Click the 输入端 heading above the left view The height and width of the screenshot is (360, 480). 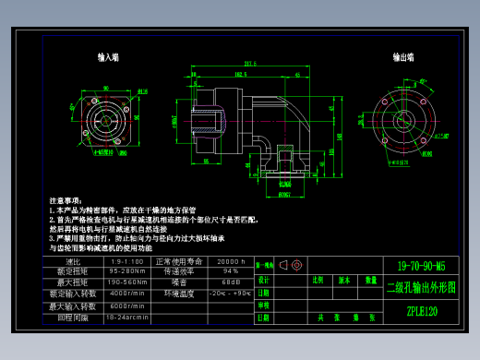click(x=108, y=57)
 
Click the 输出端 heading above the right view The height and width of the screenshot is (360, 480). click(x=402, y=57)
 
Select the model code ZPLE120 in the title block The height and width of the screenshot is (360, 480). click(x=421, y=311)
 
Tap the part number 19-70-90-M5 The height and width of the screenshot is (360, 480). click(x=421, y=266)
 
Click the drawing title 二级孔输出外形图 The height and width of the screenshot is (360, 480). click(x=421, y=287)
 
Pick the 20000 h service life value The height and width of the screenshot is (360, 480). click(x=231, y=262)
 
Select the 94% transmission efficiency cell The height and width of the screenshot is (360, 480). click(x=231, y=272)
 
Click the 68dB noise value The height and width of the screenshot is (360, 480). click(x=231, y=282)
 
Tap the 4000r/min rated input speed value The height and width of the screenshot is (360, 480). click(x=126, y=294)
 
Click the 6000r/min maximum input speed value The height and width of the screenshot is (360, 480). click(x=126, y=306)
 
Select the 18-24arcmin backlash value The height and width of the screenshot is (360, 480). click(x=127, y=317)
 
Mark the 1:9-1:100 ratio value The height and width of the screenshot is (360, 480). click(x=127, y=262)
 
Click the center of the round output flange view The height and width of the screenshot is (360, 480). click(x=402, y=117)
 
